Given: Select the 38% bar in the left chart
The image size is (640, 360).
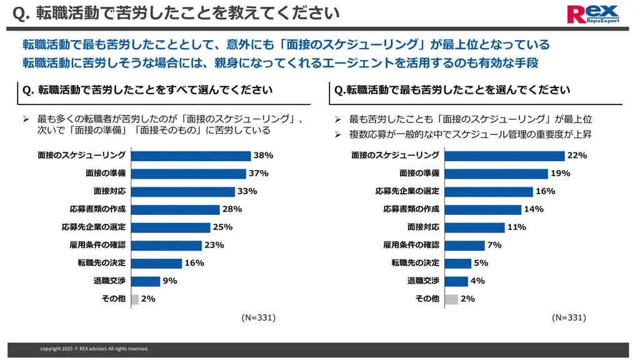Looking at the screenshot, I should click(x=191, y=156).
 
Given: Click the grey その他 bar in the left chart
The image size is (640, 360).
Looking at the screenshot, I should click(x=134, y=299).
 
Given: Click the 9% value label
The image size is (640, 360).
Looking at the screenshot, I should click(x=170, y=281).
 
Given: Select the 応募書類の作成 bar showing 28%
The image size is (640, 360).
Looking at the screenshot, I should click(x=175, y=209).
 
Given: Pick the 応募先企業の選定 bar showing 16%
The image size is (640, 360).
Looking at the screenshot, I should click(x=488, y=191).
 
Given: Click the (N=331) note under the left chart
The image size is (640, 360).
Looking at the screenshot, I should click(x=258, y=317).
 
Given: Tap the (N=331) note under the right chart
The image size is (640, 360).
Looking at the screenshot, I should click(x=569, y=317).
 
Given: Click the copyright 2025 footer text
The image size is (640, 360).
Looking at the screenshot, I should click(x=94, y=349).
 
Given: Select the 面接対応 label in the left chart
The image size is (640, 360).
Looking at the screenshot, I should click(x=110, y=191).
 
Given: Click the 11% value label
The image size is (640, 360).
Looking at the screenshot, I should click(x=516, y=227).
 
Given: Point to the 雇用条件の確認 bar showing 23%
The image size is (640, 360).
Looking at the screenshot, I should click(x=166, y=245).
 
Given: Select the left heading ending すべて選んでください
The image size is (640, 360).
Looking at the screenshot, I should click(x=147, y=90).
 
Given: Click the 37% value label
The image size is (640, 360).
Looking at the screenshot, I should click(x=259, y=173).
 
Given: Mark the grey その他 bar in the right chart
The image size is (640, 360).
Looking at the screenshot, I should click(x=451, y=299).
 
